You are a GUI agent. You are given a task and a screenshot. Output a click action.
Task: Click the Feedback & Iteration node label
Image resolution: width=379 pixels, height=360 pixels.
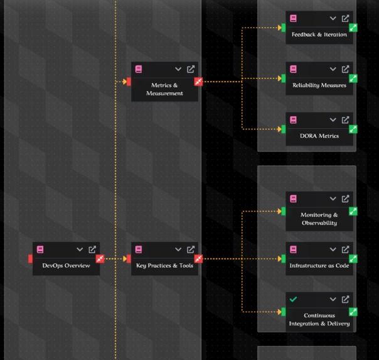coord(319,35)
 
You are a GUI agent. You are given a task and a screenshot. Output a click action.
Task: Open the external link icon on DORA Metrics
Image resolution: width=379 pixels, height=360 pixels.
coord(345,120)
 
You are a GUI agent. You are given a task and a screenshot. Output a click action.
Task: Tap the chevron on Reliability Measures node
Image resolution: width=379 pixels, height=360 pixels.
coord(333,69)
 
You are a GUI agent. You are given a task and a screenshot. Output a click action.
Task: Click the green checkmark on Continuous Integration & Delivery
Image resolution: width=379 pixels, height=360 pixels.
coord(293,300)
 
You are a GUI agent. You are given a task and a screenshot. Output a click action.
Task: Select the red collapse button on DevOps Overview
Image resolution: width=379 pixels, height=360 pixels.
coord(100,259)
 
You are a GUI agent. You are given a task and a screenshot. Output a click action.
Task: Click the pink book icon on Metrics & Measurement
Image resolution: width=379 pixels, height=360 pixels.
coord(139,69)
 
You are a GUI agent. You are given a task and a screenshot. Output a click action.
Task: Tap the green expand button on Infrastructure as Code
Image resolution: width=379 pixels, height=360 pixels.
coord(353,259)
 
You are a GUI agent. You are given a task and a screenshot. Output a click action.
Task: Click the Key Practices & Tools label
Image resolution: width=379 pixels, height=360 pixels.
coord(164,266)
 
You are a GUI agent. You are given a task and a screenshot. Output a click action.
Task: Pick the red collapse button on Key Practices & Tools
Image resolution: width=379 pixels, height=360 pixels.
coord(198,259)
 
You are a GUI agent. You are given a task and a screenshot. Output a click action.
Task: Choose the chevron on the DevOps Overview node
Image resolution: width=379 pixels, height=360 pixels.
coord(80,249)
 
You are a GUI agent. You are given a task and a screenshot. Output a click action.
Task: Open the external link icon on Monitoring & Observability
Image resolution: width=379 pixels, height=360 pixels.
coord(345,199)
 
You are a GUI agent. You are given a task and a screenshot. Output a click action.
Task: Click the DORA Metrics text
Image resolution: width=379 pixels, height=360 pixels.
coord(319,136)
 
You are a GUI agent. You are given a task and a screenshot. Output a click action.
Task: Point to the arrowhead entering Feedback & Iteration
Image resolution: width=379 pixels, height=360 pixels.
coord(280,28)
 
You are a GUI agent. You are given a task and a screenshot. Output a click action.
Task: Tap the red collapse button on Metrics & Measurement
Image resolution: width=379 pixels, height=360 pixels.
coord(198,82)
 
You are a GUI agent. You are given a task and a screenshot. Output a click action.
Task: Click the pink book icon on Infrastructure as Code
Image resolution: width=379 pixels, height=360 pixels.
coord(293,249)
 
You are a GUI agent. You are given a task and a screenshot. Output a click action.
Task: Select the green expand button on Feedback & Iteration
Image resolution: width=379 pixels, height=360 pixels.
coord(353,28)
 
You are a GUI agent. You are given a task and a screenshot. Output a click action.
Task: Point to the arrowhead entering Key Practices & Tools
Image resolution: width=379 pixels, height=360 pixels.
coord(125,259)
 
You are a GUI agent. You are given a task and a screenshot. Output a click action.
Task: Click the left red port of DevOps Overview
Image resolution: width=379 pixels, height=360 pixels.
coord(30,259)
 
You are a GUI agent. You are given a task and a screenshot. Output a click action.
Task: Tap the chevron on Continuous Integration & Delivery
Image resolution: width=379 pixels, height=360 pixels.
coord(333,300)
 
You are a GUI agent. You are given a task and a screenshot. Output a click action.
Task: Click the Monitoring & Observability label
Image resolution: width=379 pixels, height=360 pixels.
coord(319,219)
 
